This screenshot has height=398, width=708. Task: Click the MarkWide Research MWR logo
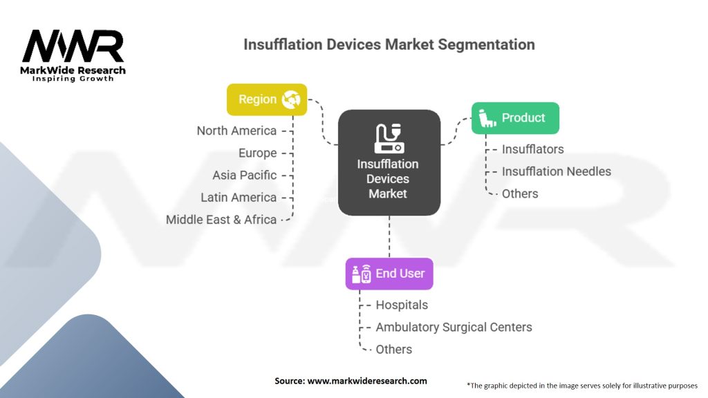(x=73, y=54)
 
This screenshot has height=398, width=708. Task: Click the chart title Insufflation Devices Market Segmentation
(x=389, y=44)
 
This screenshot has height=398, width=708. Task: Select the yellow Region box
(x=267, y=99)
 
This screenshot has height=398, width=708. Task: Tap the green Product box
(x=514, y=118)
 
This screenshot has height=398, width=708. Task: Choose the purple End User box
(x=389, y=274)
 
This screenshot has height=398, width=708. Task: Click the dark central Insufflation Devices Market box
(x=389, y=162)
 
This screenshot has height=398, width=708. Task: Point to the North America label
(x=236, y=131)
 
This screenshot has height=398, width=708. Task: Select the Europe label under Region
(x=257, y=153)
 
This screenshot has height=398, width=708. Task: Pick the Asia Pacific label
(x=244, y=175)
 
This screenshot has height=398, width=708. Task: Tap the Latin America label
(x=239, y=197)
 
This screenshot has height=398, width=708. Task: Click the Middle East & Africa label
(x=221, y=219)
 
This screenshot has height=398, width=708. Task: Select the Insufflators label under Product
(x=532, y=149)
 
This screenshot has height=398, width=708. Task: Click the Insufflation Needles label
(x=556, y=171)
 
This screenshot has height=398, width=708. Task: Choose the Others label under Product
(x=520, y=193)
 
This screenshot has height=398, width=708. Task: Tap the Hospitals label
(x=402, y=305)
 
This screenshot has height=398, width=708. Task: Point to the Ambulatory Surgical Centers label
(x=454, y=327)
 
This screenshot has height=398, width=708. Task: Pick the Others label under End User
(x=393, y=349)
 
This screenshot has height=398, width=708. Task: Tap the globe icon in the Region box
(x=291, y=99)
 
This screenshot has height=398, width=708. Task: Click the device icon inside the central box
(x=389, y=138)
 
